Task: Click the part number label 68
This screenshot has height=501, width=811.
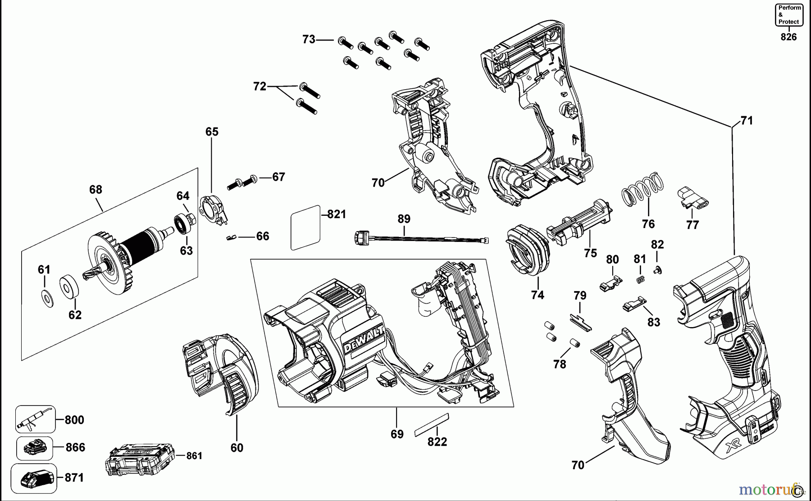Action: (96, 190)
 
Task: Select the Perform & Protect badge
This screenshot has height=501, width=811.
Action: (788, 15)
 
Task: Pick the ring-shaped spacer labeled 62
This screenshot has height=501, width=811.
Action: (69, 286)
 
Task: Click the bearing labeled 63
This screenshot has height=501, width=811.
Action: (182, 224)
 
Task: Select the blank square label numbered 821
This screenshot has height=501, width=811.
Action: (305, 228)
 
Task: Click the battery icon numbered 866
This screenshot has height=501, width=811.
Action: (35, 448)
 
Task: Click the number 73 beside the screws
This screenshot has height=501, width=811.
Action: (309, 40)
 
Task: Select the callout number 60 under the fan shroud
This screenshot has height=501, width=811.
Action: (237, 447)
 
